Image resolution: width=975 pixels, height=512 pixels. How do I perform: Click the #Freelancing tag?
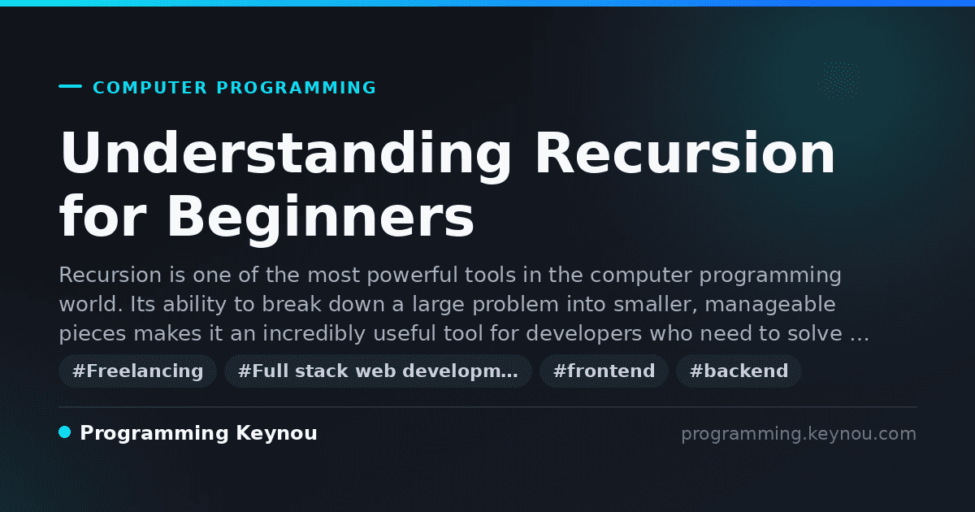coord(137,371)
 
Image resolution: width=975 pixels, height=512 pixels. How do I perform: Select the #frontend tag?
coord(604,371)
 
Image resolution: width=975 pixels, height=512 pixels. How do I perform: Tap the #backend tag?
coord(739,371)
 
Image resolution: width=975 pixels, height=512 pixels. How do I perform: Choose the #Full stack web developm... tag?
coord(378,371)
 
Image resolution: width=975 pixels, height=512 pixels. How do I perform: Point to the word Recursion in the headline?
coord(686,154)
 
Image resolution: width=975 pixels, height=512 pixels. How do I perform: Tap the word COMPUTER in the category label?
coord(149,88)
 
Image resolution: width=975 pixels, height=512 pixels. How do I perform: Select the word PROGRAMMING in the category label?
coord(296,88)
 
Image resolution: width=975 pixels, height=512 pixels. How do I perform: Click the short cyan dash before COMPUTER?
coord(70,86)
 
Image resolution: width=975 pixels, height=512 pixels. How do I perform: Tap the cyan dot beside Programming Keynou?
coord(64,432)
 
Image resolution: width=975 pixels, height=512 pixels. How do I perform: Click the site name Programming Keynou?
coord(198,433)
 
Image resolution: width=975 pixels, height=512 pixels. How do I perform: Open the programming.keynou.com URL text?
coord(799,434)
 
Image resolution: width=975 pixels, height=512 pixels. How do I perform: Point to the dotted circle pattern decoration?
coord(838,80)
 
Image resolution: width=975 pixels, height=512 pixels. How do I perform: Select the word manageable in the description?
coord(770,304)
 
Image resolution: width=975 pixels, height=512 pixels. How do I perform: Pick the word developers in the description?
coord(583,334)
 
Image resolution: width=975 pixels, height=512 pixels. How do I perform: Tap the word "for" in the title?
coord(102,216)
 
